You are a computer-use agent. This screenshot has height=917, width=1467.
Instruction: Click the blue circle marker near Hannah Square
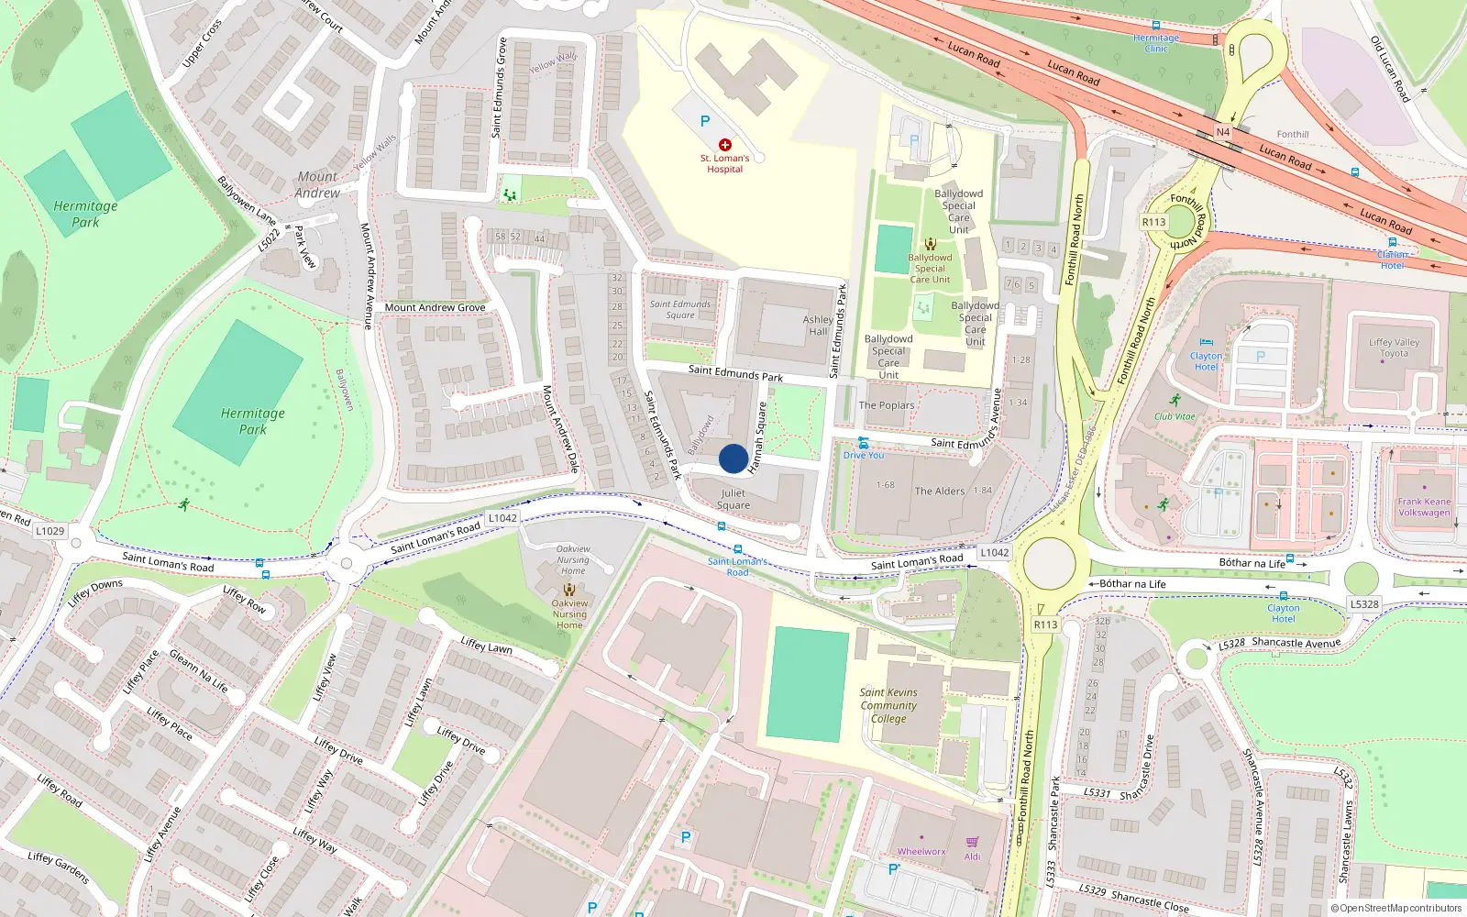coord(733,458)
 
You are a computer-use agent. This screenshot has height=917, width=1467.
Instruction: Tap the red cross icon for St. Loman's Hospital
coord(725,145)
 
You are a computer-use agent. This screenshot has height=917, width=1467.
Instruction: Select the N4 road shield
coord(1222,132)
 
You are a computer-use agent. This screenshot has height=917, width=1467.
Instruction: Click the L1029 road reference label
coord(50,531)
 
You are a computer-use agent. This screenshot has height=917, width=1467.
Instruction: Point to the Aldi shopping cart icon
coord(972,842)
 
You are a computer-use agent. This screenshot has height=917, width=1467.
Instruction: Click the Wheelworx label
coord(921,852)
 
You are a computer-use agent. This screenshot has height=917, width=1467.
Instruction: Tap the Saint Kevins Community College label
coord(888,706)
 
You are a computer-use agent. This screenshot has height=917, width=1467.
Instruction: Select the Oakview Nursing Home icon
coord(569,590)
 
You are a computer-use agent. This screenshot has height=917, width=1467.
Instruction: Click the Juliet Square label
coord(733,499)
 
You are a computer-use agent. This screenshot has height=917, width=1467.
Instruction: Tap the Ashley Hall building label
coord(818,326)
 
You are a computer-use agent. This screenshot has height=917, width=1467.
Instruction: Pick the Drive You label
coord(864,455)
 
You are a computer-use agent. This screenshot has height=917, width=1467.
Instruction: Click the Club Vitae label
coord(1175,416)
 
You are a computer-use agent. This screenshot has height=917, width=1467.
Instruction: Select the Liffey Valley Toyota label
coord(1394,348)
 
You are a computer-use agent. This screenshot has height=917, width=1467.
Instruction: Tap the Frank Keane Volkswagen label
coord(1424,507)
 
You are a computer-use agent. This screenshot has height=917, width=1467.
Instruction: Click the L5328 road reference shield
coord(1364,604)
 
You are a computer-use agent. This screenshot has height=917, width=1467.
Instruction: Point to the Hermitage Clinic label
coord(1156,43)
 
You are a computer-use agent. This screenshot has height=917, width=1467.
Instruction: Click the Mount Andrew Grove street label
coord(435,307)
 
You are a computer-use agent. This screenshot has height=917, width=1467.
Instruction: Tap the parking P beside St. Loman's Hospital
coord(704,121)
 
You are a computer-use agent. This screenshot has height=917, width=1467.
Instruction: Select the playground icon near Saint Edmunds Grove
coord(509,194)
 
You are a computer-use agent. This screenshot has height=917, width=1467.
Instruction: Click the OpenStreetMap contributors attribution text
coord(1395,908)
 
